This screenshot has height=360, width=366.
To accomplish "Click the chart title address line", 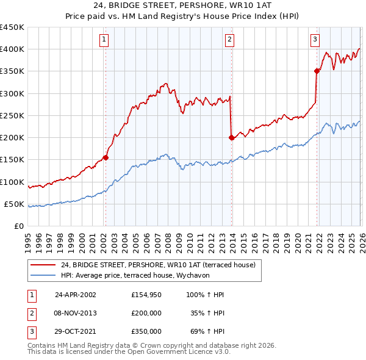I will click(183, 6).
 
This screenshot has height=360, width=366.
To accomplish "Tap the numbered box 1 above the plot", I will click(104, 40).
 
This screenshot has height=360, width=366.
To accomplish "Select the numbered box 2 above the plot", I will click(230, 40).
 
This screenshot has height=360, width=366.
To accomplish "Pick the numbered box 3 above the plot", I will click(315, 40).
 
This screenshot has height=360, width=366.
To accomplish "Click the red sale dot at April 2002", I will click(106, 157).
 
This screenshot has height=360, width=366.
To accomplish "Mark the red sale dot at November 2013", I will click(231, 138).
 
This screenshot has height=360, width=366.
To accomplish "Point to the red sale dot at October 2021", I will click(317, 71).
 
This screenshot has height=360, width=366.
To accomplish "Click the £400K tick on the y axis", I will click(12, 49).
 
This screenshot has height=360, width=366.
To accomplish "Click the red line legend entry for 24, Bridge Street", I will click(161, 264).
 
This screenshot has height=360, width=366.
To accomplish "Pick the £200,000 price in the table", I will click(146, 313).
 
